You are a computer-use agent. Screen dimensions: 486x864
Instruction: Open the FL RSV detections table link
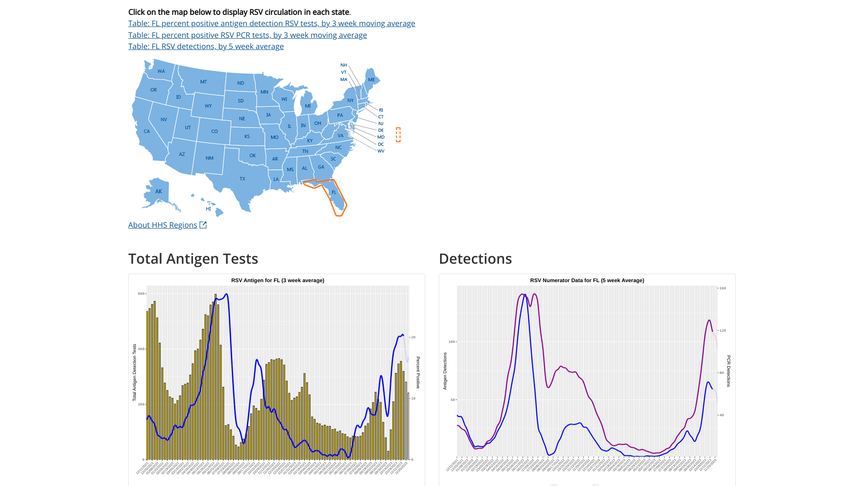tap(206, 46)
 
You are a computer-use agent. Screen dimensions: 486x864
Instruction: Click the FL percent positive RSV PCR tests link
tap(247, 35)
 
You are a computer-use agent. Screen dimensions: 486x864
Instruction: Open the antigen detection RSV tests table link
tap(271, 23)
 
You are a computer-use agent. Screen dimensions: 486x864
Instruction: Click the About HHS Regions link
tap(162, 225)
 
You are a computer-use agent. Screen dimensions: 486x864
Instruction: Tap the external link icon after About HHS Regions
tap(203, 225)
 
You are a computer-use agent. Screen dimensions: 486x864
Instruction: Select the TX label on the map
tap(242, 179)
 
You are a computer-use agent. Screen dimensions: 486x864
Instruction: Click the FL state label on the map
tap(334, 192)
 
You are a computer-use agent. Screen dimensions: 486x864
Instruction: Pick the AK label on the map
tap(158, 191)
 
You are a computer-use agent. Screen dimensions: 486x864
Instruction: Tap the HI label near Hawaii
tap(208, 209)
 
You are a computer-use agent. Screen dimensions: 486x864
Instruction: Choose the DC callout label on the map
tap(381, 144)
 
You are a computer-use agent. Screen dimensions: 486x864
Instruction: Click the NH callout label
tap(344, 65)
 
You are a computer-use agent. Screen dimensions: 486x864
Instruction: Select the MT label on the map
tap(203, 82)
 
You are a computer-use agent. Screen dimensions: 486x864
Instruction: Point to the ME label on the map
tap(371, 80)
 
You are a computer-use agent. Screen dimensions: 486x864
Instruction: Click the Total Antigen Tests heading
tap(193, 259)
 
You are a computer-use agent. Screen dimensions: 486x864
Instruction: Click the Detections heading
tap(475, 259)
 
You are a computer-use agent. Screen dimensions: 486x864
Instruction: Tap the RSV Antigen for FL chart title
tap(278, 280)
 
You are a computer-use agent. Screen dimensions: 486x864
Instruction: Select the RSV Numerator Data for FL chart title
tap(587, 280)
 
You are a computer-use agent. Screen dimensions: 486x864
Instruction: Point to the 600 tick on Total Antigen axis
tap(141, 294)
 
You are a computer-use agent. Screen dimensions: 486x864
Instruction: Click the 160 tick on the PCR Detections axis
tap(722, 288)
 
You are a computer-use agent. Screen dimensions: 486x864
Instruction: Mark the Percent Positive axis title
tap(418, 373)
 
